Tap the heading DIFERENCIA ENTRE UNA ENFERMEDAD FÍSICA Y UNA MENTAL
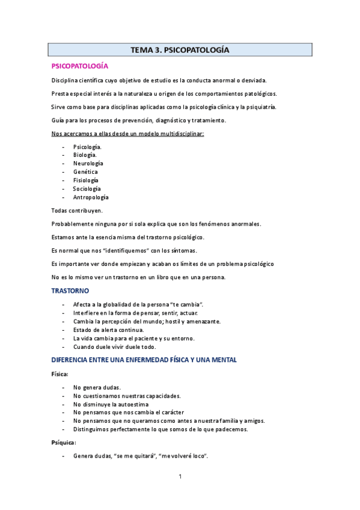pyautogui.click(x=144, y=360)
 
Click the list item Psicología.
pyautogui.click(x=87, y=147)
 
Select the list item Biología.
pyautogui.click(x=85, y=155)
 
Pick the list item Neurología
pyautogui.click(x=88, y=164)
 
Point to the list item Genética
pyautogui.click(x=85, y=172)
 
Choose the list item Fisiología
pyautogui.click(x=86, y=180)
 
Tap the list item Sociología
pyautogui.click(x=87, y=189)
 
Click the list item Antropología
pyautogui.click(x=91, y=197)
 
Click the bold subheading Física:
pyautogui.click(x=59, y=374)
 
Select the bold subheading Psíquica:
pyautogui.click(x=63, y=443)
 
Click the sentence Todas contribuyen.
pyautogui.click(x=77, y=210)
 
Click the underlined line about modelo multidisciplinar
pyautogui.click(x=128, y=134)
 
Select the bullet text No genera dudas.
pyautogui.click(x=97, y=387)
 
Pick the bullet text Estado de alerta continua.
pyautogui.click(x=109, y=330)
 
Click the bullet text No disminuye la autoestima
pyautogui.click(x=111, y=404)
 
